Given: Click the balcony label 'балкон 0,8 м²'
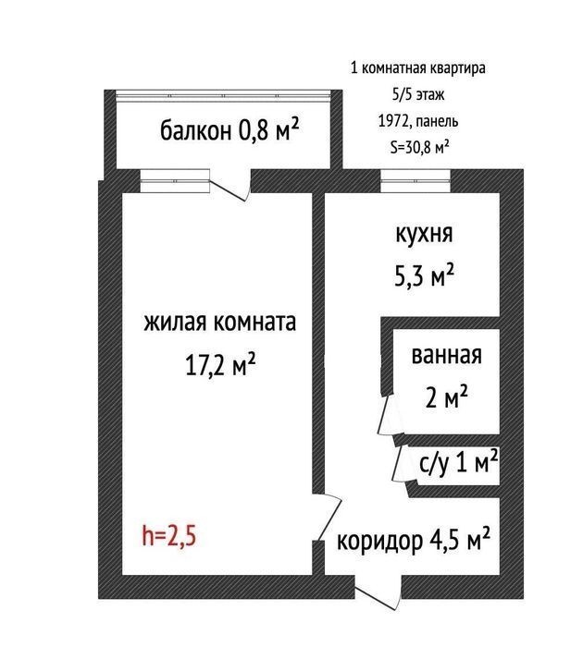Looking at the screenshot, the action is point(229,130).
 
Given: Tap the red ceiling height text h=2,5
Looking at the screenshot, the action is point(168,536).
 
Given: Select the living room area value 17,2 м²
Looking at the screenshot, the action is point(220,364).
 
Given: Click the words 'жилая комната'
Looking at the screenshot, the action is point(220,323).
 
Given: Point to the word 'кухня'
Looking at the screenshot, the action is point(425,234).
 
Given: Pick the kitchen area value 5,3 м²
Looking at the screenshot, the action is point(425,275).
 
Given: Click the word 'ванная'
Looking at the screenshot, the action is point(447,355).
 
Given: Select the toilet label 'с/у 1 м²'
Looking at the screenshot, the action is point(458,463).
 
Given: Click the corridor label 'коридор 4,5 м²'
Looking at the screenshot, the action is point(414,540).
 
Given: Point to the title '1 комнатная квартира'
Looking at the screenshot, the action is point(417,67).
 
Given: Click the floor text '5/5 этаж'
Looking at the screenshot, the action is point(418,94).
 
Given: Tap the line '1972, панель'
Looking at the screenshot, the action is point(418,121).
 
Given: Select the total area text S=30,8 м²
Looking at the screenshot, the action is point(420,147).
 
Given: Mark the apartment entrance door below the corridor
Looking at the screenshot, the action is point(378,593).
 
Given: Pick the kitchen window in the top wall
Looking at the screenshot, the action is point(415,181).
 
